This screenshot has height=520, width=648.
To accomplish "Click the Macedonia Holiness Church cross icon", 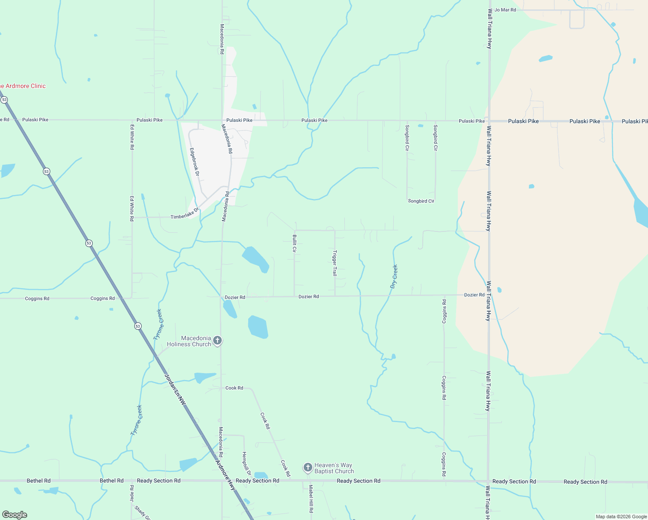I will coord(217,341).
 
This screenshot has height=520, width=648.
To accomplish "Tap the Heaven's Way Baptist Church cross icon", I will coord(308,468).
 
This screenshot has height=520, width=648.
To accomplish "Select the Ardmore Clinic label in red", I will coord(23,86).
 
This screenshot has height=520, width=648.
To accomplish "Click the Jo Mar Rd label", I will coord(505,10).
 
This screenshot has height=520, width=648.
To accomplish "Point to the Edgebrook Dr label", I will coord(194,162).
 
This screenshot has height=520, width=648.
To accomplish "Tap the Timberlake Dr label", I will coord(185,214).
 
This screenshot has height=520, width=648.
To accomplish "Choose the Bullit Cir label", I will coord(295,244).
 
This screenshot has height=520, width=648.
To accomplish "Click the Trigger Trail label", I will coord(334,263).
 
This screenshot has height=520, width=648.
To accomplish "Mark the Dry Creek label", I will coord(394,276).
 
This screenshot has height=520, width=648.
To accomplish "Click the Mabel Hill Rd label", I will coord(311,499).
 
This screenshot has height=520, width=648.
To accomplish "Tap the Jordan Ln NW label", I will coord(175,390).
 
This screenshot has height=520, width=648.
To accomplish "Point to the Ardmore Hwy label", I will coord(225,475).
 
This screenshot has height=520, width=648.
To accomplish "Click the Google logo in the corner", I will coord(15,515).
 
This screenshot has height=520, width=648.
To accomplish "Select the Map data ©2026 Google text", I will coord(621,517).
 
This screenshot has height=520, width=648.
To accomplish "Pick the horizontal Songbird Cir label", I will coord(421,201).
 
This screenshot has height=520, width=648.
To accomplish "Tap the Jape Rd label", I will coord(132,493).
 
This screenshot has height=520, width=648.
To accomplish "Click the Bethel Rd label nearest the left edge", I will coord(39,481).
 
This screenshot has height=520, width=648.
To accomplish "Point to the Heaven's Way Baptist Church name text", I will coord(334,468).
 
